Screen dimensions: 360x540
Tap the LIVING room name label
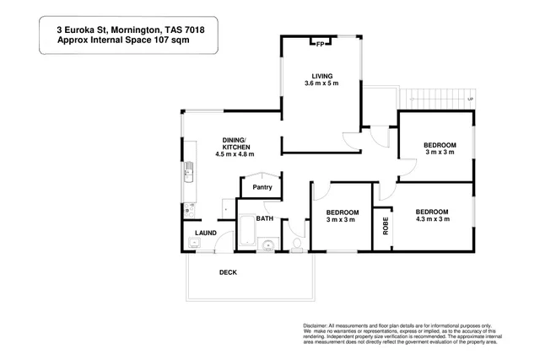click(321, 74)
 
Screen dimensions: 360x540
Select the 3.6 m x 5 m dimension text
click(321, 83)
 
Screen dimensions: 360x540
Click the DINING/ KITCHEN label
click(235, 143)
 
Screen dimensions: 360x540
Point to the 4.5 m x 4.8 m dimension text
click(235, 154)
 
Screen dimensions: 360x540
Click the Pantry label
click(262, 187)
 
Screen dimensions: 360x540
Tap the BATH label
click(265, 218)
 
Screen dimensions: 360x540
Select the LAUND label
click(207, 233)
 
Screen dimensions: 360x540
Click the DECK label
click(228, 272)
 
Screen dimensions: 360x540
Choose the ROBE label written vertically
click(386, 227)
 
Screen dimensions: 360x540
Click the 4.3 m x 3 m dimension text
click(430, 219)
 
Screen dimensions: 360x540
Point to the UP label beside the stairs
click(469, 99)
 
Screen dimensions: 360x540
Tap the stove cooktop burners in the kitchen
click(190, 205)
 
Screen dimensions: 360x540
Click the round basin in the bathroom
click(268, 245)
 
